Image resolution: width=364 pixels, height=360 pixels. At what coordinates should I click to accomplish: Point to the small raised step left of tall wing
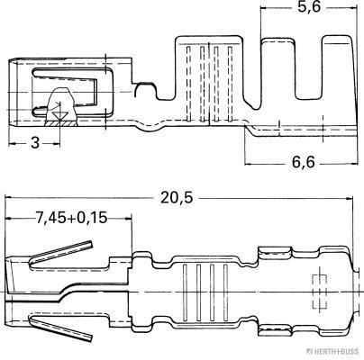click(x=142, y=87)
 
